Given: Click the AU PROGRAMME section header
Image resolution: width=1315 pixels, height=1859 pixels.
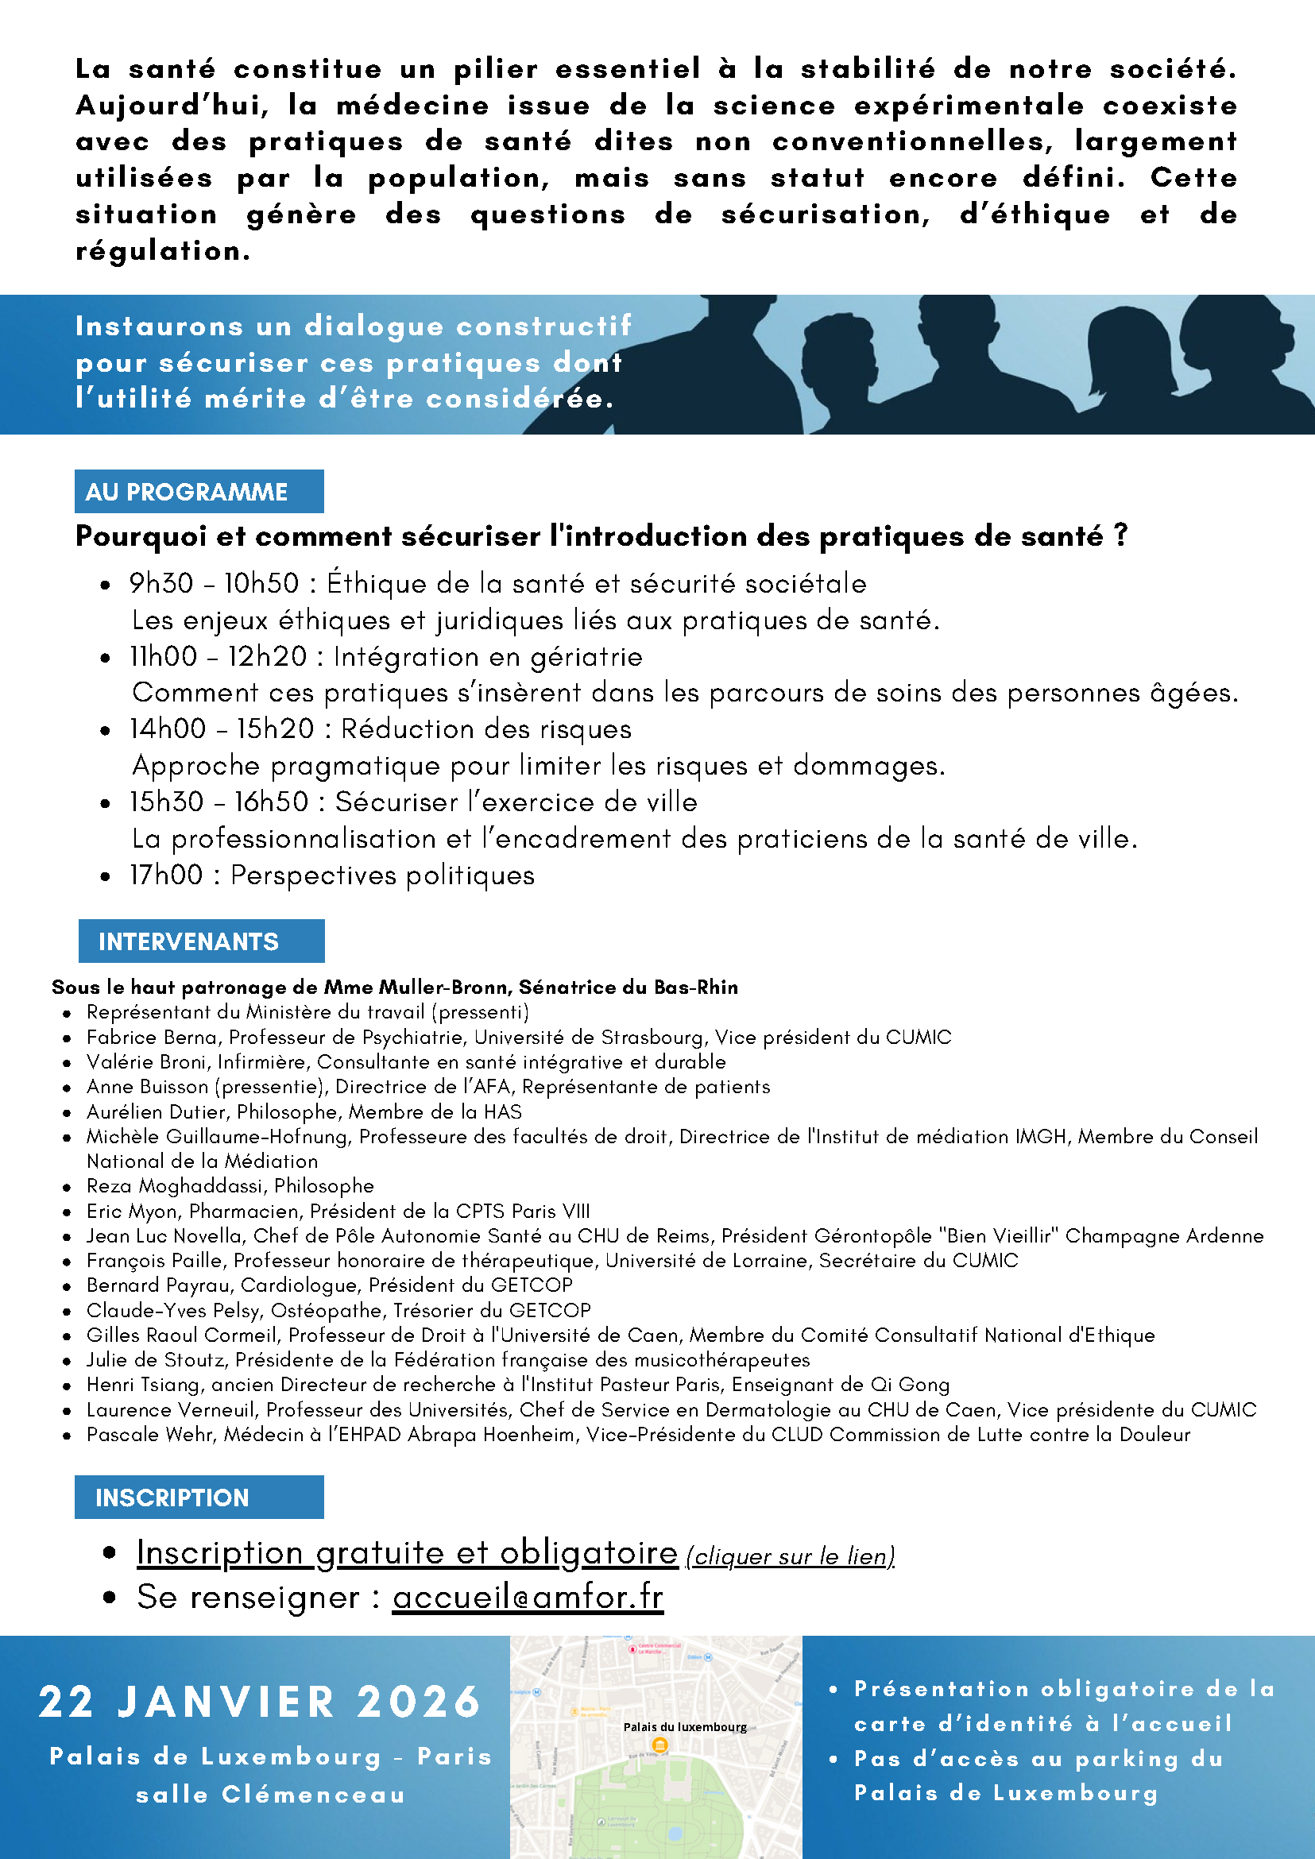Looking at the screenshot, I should point(187,492).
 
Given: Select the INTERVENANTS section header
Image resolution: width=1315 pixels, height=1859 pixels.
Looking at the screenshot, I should point(188,941).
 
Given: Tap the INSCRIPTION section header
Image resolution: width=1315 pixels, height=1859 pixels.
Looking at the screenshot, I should point(172,1498).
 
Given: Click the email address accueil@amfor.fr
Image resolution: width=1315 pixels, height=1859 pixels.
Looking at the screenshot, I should point(528,1598).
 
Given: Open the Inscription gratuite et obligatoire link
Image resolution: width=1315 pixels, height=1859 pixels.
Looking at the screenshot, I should point(407,1553).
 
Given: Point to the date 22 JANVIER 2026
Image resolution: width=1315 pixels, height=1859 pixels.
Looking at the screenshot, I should point(260,1702).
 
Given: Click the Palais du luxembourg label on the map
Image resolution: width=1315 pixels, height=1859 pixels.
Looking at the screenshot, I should point(685,1727).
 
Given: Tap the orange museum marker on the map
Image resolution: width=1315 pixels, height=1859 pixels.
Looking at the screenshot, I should point(660,1745).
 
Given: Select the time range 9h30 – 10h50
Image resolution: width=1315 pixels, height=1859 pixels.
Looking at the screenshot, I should point(214,584).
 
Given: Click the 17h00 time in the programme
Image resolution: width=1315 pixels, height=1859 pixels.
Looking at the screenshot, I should point(167,875).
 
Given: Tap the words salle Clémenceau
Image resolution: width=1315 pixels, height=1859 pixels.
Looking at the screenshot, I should point(270,1795).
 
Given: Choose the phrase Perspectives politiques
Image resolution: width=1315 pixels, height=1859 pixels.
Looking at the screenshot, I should point(382,875).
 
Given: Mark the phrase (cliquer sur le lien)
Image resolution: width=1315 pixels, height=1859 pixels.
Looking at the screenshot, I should point(791,1556).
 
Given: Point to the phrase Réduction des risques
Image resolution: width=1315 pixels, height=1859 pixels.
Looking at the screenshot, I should point(485,729).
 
